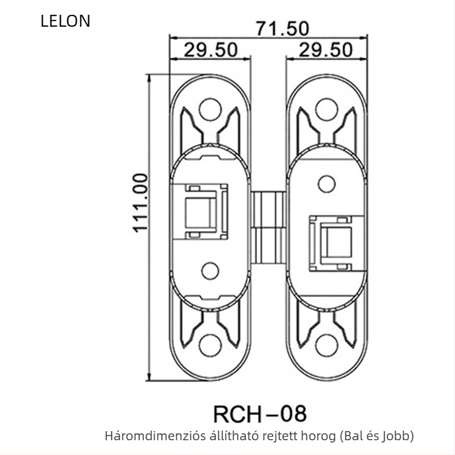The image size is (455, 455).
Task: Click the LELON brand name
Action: [x=65, y=22]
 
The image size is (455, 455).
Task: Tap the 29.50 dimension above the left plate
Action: [x=210, y=50]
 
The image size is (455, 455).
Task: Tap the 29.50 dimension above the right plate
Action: [x=326, y=50]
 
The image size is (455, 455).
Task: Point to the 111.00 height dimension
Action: [x=140, y=202]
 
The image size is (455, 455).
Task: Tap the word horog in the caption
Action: [x=286, y=437]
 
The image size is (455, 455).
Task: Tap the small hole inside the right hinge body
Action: [x=326, y=183]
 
